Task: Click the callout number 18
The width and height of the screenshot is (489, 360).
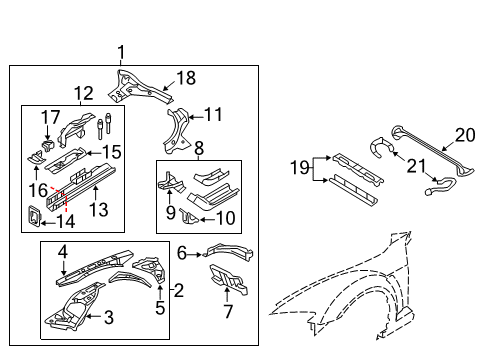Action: tap(186, 78)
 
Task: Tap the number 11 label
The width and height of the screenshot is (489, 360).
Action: tap(213, 115)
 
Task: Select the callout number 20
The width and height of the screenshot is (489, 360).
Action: tap(465, 135)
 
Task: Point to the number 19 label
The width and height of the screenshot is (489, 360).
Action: tap(299, 167)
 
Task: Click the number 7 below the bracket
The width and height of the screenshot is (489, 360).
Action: tap(228, 311)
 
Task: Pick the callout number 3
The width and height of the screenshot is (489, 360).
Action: tap(109, 317)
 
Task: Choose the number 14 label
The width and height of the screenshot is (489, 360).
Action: tap(66, 221)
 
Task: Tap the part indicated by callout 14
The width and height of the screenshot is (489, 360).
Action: tap(34, 216)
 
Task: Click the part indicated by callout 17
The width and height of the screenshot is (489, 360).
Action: tap(47, 145)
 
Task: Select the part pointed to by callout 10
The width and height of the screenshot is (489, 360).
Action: tap(188, 216)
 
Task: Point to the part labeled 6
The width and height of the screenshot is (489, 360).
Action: tap(229, 252)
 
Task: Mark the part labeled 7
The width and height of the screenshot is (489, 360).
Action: tap(229, 279)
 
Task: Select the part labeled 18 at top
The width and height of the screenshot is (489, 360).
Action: tap(140, 86)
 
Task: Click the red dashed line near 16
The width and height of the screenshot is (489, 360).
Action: tap(60, 198)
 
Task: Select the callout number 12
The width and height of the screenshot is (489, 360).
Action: tap(83, 93)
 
